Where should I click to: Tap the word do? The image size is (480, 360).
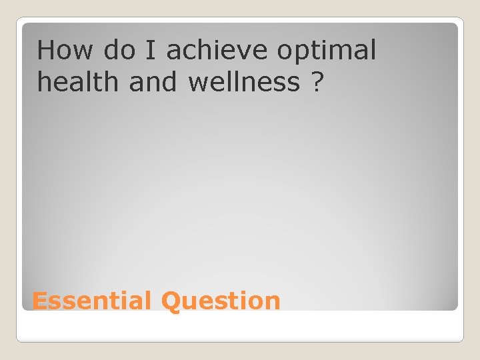click(119, 50)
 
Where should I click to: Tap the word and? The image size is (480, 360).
click(149, 83)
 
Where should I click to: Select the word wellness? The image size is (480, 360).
click(244, 83)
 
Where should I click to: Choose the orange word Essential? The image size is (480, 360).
click(92, 301)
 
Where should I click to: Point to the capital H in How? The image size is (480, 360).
click(45, 50)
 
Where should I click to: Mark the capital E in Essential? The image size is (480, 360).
click(39, 301)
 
